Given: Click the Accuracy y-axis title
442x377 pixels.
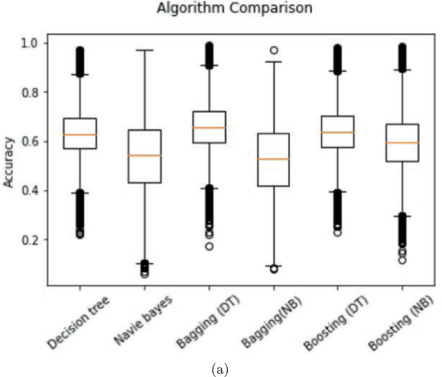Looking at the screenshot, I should (9, 165).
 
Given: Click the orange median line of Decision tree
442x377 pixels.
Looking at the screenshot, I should (79, 135).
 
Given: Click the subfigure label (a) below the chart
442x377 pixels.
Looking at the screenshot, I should (221, 369).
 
